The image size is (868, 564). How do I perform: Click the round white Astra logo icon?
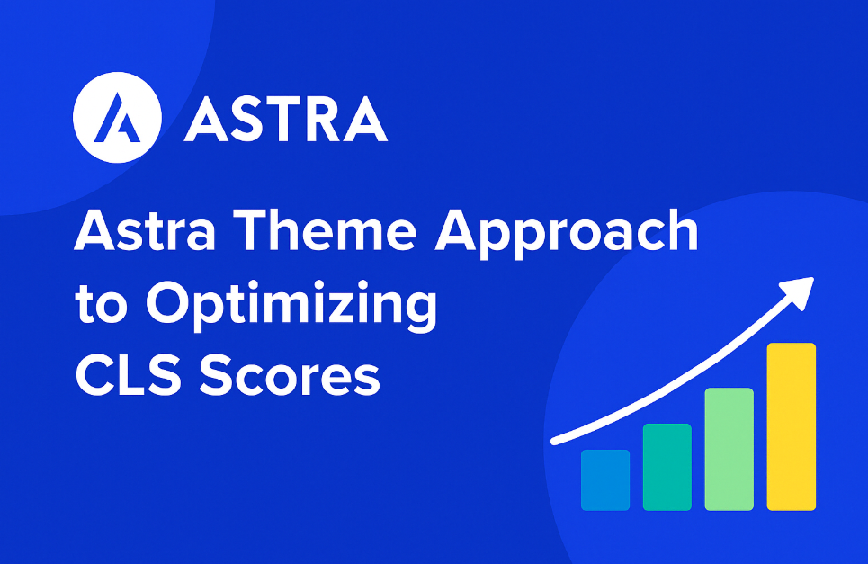point(117,117)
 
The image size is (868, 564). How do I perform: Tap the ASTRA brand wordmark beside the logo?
point(286,120)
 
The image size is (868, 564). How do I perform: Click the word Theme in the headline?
point(327,229)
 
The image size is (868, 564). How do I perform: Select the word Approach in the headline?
point(567,234)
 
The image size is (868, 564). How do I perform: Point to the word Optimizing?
point(291,306)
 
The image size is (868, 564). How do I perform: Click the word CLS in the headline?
point(129,376)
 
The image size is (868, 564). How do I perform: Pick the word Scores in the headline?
point(290,376)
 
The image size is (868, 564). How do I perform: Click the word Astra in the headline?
point(145,229)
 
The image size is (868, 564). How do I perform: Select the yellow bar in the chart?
point(791,426)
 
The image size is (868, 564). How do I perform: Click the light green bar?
point(729,449)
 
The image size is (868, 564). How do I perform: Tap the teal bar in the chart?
point(667,467)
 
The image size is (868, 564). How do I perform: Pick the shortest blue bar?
point(605,479)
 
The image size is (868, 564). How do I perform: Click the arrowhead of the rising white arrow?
point(800,291)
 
